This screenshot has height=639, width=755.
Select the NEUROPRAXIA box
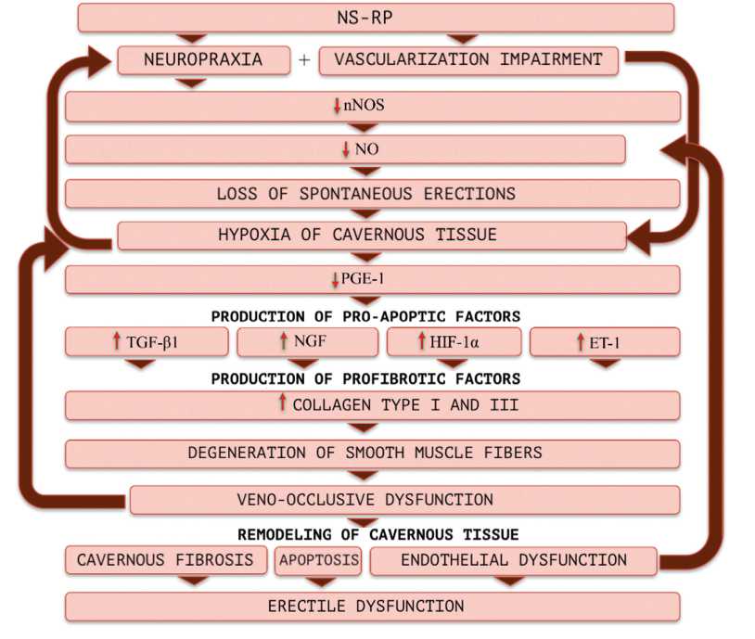tap(202, 60)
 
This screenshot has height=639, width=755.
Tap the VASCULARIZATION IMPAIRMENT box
tap(468, 60)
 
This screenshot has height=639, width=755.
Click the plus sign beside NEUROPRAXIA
tap(305, 61)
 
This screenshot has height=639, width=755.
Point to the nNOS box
tap(371, 107)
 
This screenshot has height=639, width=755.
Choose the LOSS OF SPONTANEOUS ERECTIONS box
tap(371, 194)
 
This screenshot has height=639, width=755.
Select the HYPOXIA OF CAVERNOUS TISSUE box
tap(371, 236)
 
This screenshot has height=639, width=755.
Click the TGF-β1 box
tap(147, 342)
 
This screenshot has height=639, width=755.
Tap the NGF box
tap(303, 342)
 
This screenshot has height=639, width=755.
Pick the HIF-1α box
tap(453, 342)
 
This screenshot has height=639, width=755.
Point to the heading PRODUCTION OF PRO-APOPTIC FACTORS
tap(365, 316)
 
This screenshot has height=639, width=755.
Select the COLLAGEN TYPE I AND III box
tap(371, 405)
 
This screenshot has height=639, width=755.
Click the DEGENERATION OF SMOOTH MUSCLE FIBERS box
tap(371, 454)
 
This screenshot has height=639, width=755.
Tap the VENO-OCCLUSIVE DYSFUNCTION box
tap(404, 500)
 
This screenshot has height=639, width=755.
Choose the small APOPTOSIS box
tap(318, 560)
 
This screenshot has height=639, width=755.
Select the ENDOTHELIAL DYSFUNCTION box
tap(513, 560)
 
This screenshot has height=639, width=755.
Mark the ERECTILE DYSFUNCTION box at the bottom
tap(371, 607)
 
